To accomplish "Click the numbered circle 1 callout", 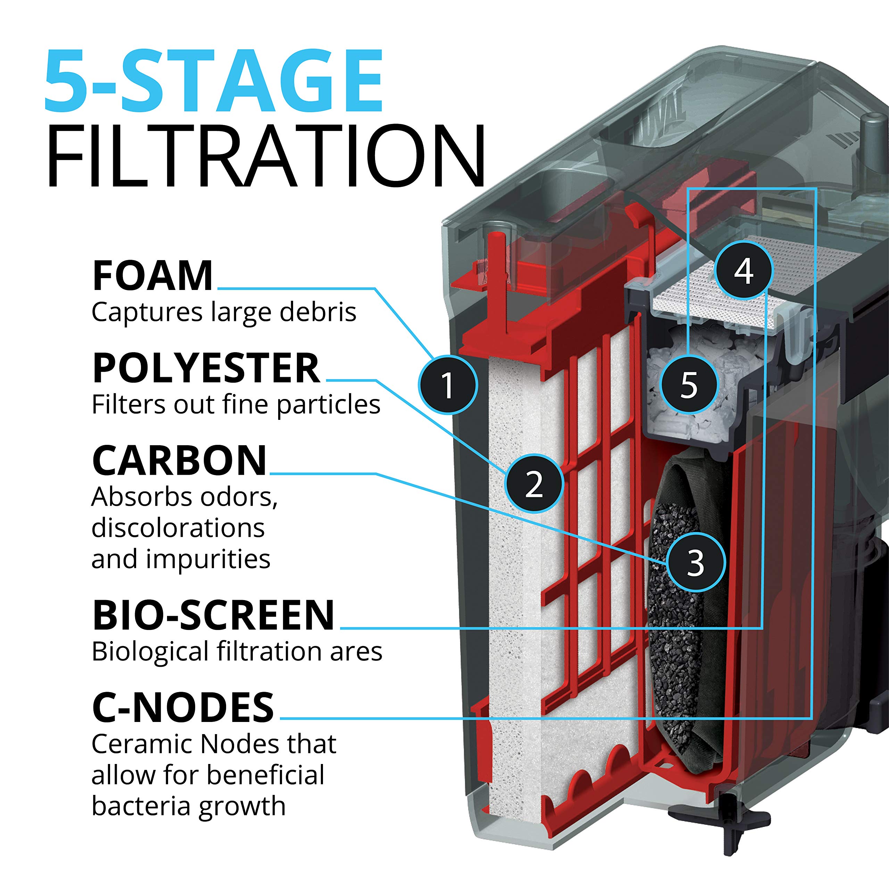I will click(448, 385).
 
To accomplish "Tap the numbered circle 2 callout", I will click(534, 484).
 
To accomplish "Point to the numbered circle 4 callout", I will click(743, 271).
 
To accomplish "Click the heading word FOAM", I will click(153, 276).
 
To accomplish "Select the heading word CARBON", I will click(180, 461).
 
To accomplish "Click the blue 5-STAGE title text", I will click(214, 82).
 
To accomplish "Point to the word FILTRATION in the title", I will click(266, 157).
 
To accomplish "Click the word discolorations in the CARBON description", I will click(178, 528).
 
